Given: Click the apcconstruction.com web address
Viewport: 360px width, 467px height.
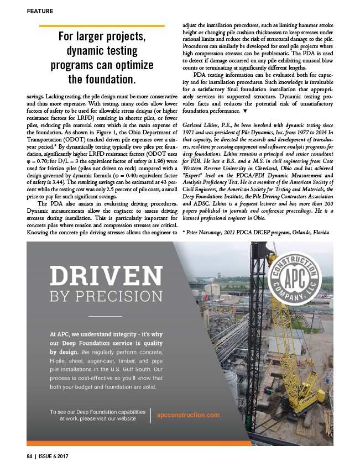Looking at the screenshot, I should [189, 414].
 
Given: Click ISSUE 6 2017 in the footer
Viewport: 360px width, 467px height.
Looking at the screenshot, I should [55, 458].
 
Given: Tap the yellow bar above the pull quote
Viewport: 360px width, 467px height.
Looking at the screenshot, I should [103, 25].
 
